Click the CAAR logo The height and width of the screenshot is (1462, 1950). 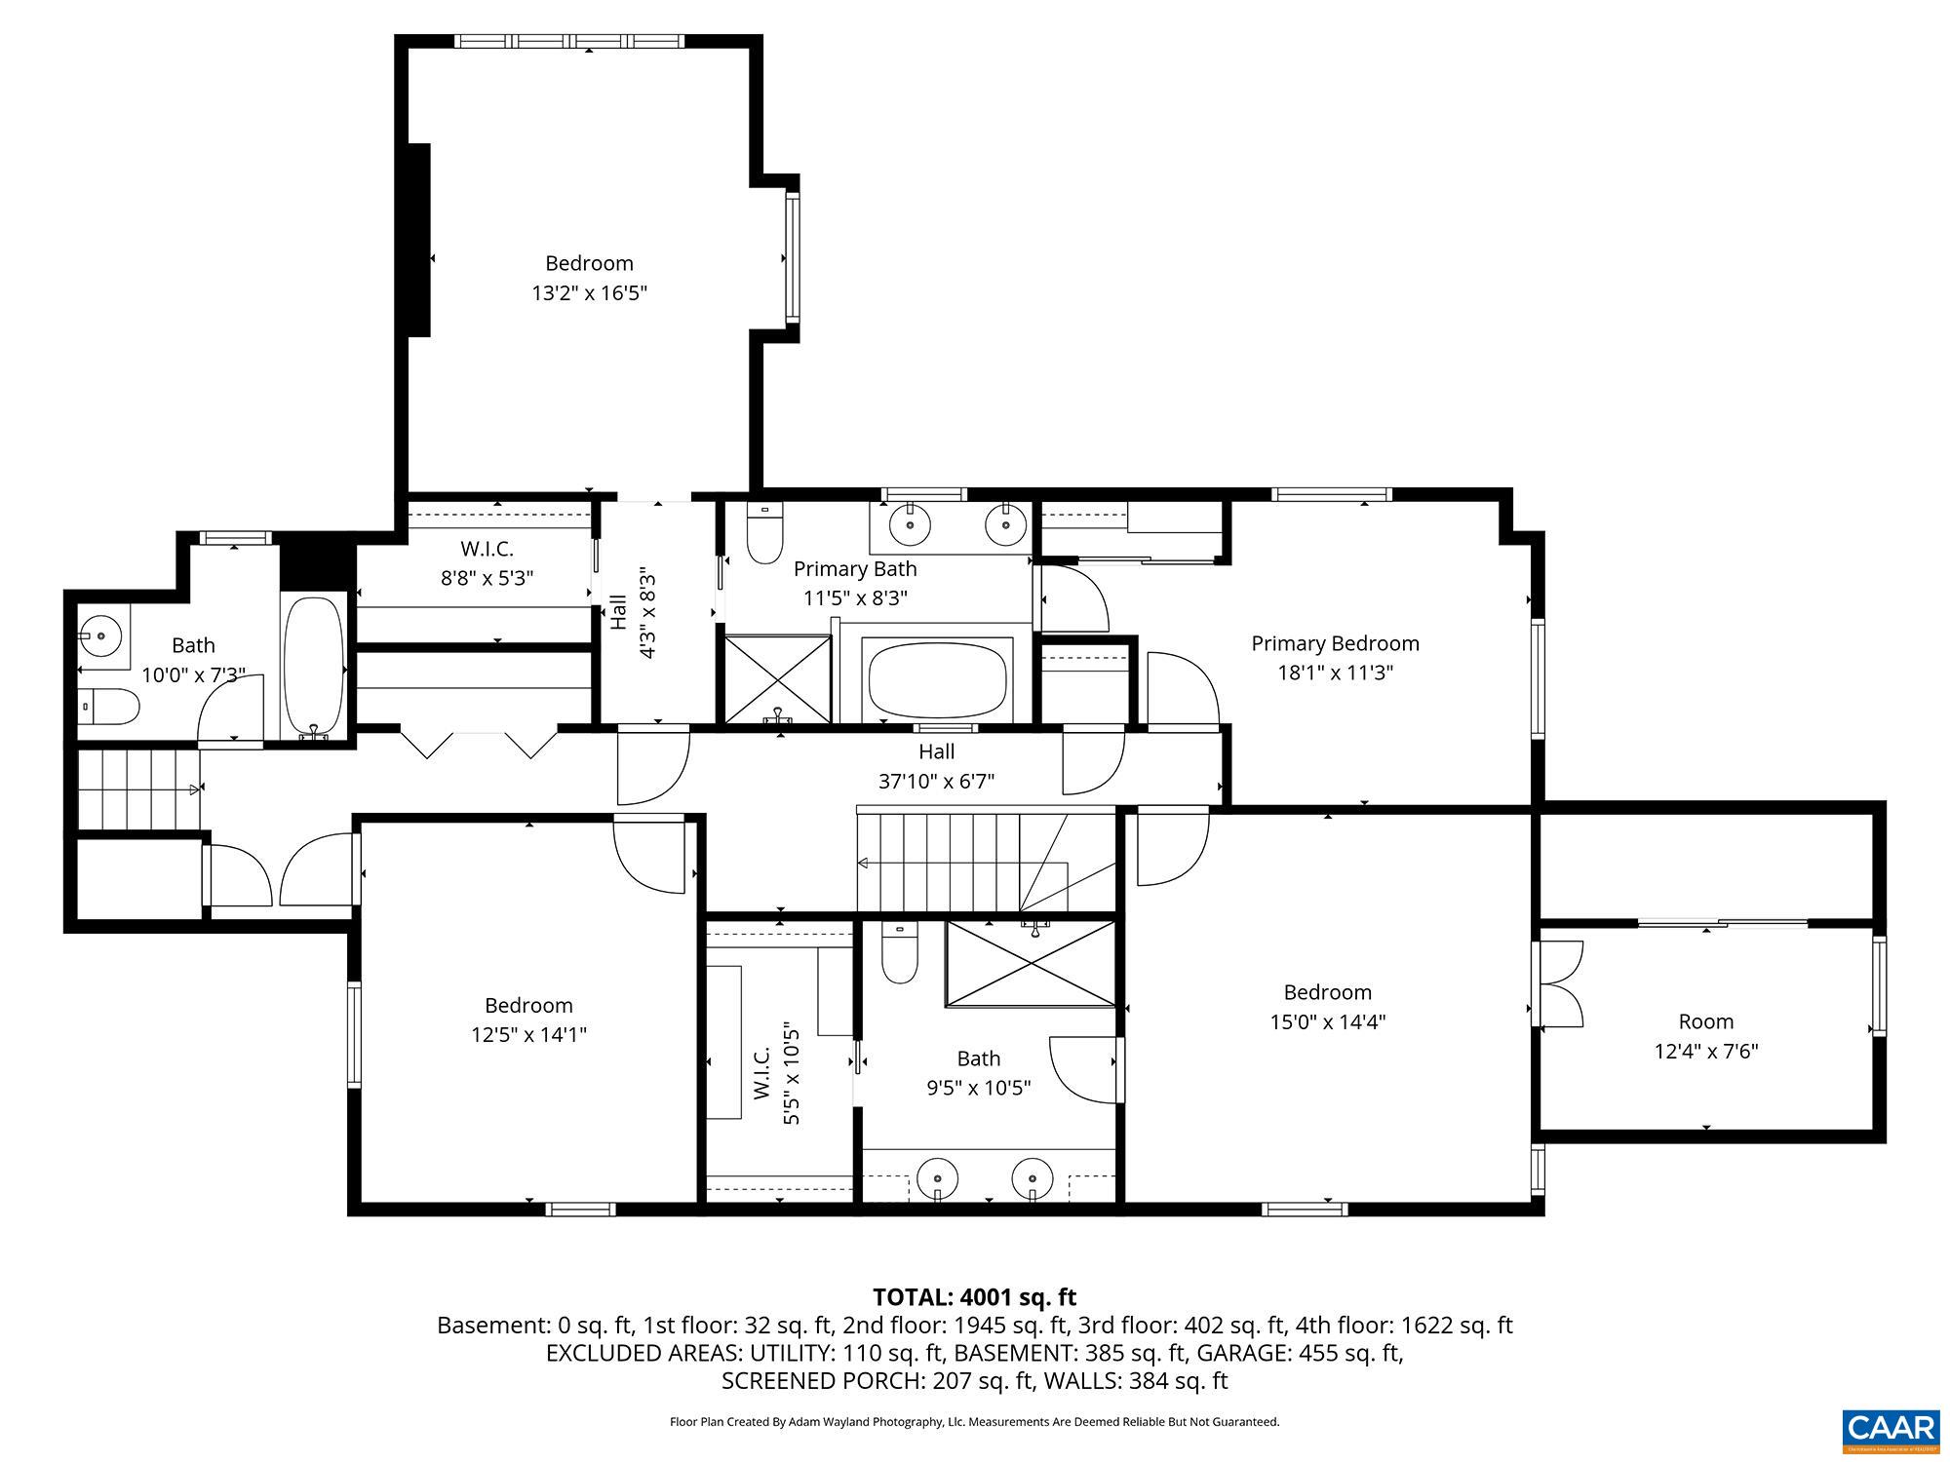(1891, 1429)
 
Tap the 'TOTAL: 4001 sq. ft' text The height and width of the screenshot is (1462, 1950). (974, 1297)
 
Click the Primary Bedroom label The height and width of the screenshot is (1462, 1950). (1335, 643)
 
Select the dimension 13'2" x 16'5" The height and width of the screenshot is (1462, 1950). (589, 292)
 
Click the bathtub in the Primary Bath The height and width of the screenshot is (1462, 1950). (937, 679)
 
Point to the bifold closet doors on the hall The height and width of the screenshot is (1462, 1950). (478, 744)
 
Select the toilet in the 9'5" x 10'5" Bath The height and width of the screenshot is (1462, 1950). (900, 953)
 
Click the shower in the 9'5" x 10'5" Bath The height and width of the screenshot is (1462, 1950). (1031, 964)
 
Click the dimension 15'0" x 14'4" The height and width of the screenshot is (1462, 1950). (1327, 1021)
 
